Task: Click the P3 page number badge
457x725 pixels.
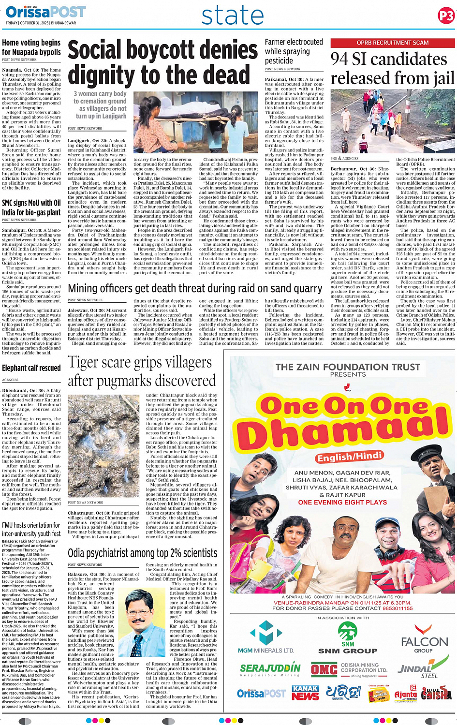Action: (446, 16)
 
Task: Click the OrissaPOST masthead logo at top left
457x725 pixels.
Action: (46, 12)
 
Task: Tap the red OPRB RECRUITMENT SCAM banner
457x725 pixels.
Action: (392, 43)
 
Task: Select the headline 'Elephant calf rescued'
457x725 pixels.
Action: (31, 368)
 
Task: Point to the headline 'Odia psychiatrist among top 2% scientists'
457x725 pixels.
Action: (143, 553)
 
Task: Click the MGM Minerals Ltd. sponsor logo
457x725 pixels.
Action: (266, 637)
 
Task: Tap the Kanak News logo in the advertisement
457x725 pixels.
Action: (305, 693)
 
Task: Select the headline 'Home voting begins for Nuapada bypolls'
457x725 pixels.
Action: (31, 47)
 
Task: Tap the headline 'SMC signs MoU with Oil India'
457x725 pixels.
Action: (31, 207)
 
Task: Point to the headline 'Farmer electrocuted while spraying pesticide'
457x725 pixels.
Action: (294, 51)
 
